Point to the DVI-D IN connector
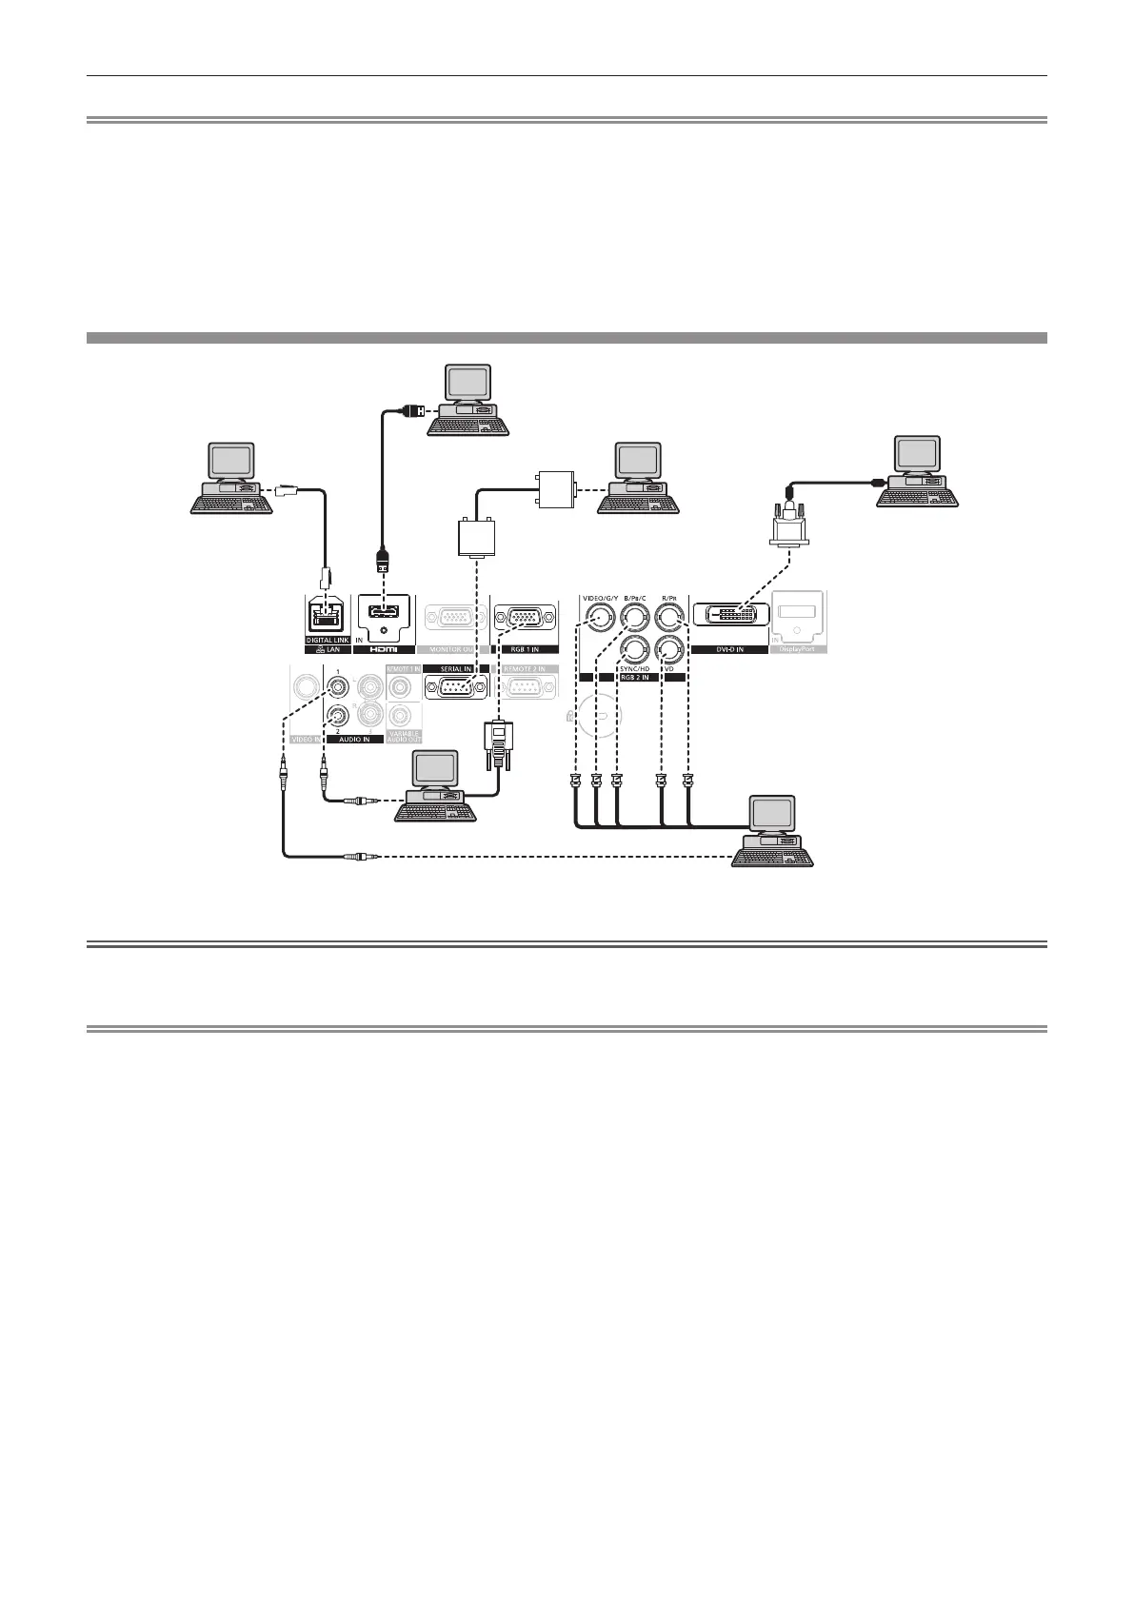[730, 615]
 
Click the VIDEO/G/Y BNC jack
[596, 619]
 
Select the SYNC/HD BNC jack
[632, 651]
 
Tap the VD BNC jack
[670, 651]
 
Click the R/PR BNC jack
[670, 619]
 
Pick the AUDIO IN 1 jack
[336, 686]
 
